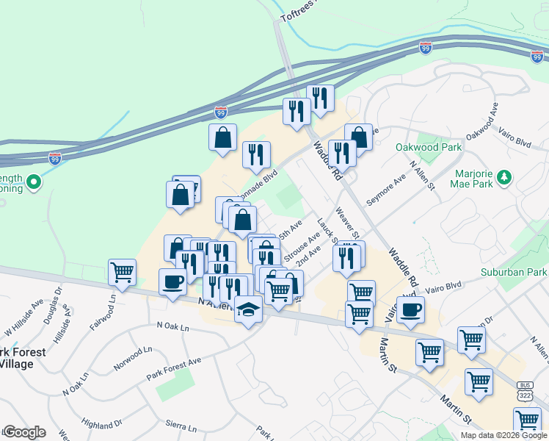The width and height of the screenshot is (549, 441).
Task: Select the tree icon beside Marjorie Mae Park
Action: point(503,177)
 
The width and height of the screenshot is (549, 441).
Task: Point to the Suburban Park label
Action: point(513,273)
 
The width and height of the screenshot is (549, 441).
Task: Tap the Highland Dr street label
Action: point(102,425)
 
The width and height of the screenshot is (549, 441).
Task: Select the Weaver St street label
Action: point(346,221)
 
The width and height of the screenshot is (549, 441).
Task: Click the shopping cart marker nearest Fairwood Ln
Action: point(122,273)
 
